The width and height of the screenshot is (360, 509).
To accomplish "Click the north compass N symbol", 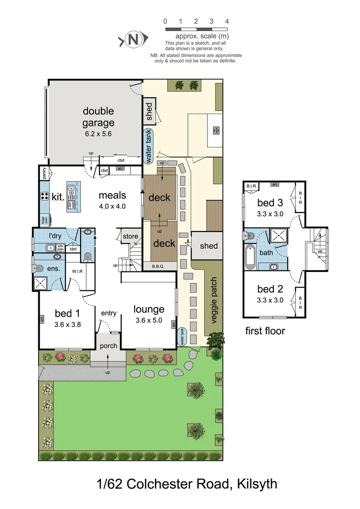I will click(133, 41).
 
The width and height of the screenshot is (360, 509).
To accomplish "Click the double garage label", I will click(98, 117).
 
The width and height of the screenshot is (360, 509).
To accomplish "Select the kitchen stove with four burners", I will click(44, 197).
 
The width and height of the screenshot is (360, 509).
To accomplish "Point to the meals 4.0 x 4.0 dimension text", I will click(112, 206).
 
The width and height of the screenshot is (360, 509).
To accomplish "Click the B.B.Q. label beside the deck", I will click(158, 266).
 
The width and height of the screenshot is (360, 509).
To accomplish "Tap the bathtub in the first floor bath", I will click(250, 256).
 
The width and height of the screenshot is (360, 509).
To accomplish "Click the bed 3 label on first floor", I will click(270, 203).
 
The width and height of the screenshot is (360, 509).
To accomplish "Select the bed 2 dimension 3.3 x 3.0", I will click(270, 300).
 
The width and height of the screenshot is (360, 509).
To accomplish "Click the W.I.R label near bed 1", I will click(77, 271).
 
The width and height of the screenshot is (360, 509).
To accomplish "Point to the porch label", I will click(108, 345).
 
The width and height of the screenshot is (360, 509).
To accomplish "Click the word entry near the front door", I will click(108, 313).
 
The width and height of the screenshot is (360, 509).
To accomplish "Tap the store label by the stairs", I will click(131, 236).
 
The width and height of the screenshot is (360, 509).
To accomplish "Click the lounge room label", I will click(148, 309).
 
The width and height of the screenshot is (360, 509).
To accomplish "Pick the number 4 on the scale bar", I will click(227, 21).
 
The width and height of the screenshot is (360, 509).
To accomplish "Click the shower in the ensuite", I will click(41, 283).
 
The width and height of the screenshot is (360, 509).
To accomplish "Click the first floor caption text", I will click(265, 331).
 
